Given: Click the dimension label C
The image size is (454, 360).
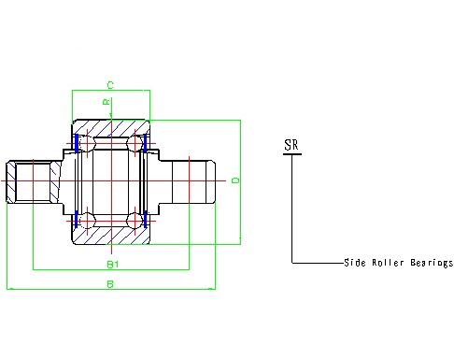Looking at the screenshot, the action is [x=110, y=85].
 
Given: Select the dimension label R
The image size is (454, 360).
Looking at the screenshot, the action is [x=106, y=102].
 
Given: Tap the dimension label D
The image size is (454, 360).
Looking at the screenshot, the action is [x=235, y=180].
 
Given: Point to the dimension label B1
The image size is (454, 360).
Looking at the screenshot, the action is [x=113, y=265].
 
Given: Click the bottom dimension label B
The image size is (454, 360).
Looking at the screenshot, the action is [x=110, y=284].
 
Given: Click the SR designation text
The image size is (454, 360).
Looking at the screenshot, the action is [x=291, y=145].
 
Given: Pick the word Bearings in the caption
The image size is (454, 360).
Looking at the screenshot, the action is [x=432, y=263].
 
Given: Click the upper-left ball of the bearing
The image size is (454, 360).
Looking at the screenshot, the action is [x=87, y=143].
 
